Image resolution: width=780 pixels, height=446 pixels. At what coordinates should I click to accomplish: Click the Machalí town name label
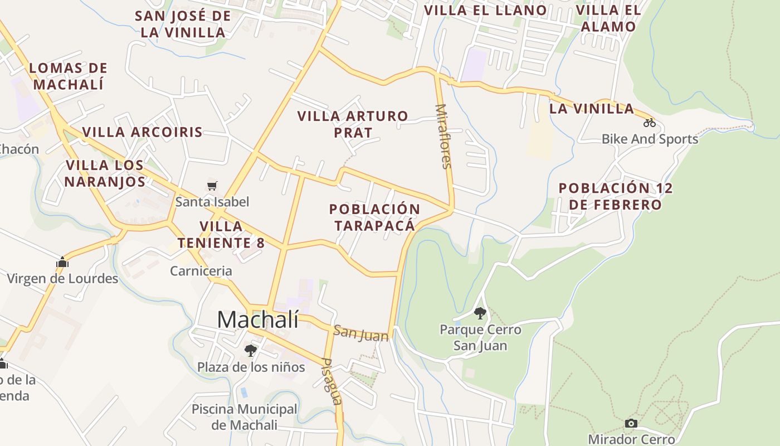click(257, 320)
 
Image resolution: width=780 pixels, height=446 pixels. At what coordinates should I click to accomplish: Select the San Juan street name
click(360, 333)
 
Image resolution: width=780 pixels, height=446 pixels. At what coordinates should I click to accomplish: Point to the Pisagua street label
click(331, 381)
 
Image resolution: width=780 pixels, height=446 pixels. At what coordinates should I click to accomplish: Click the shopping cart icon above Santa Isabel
click(212, 186)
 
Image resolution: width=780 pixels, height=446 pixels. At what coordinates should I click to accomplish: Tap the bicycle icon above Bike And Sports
click(650, 123)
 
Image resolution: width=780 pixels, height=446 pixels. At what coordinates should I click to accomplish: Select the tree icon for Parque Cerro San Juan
click(480, 313)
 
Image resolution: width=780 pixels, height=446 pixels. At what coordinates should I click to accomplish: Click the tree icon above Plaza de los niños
click(251, 350)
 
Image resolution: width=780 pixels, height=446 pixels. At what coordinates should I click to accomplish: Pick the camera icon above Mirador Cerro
click(631, 423)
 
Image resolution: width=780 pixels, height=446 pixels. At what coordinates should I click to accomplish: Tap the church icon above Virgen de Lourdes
click(62, 262)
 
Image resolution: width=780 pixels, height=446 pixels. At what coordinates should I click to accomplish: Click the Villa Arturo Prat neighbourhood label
click(353, 124)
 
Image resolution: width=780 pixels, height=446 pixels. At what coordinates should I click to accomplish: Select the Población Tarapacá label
click(374, 217)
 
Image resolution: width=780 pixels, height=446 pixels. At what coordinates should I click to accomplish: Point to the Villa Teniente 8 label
click(221, 235)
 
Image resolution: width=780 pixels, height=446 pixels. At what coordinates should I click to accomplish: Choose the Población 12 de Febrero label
click(616, 196)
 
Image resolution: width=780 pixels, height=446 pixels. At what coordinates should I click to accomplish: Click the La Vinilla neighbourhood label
click(592, 109)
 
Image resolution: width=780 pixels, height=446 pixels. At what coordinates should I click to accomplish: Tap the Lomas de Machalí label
click(69, 76)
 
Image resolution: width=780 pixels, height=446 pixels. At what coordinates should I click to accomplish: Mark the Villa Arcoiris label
click(142, 132)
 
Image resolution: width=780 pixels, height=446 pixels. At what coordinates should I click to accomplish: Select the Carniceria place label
click(201, 271)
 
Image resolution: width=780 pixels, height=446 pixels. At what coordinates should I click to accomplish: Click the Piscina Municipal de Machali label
click(245, 417)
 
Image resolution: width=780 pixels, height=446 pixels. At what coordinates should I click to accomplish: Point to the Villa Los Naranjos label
click(105, 173)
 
